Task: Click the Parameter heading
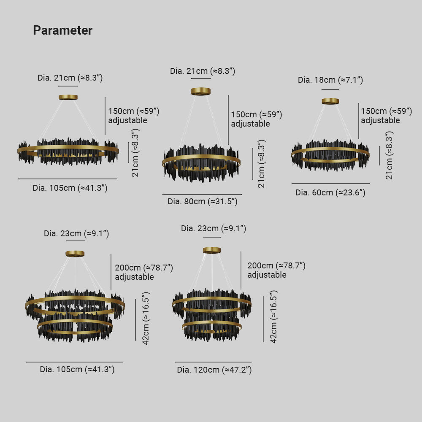tap(63, 30)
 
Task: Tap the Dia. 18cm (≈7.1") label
tap(330, 80)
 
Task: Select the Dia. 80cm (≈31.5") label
tap(203, 201)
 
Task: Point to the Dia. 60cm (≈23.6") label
tap(330, 192)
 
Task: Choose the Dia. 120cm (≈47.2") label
tap(214, 370)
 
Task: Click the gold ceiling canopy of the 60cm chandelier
tap(330, 101)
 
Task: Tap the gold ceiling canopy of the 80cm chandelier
tap(201, 92)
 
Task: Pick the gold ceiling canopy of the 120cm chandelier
tap(212, 250)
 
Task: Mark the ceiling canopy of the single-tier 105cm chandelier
tap(68, 97)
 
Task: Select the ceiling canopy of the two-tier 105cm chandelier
tap(75, 254)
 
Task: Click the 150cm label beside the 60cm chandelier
tap(387, 111)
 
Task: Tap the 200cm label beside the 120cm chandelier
tap(276, 265)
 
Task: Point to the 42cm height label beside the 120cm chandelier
tap(273, 317)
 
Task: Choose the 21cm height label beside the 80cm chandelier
tap(261, 164)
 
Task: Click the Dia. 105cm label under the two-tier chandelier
tap(77, 369)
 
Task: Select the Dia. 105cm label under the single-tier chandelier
tap(70, 188)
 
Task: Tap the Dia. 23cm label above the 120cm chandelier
tap(214, 228)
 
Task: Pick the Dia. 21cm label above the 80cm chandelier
tap(203, 71)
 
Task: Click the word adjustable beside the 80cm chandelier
tap(250, 124)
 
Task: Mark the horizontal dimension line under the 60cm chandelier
tap(331, 184)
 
